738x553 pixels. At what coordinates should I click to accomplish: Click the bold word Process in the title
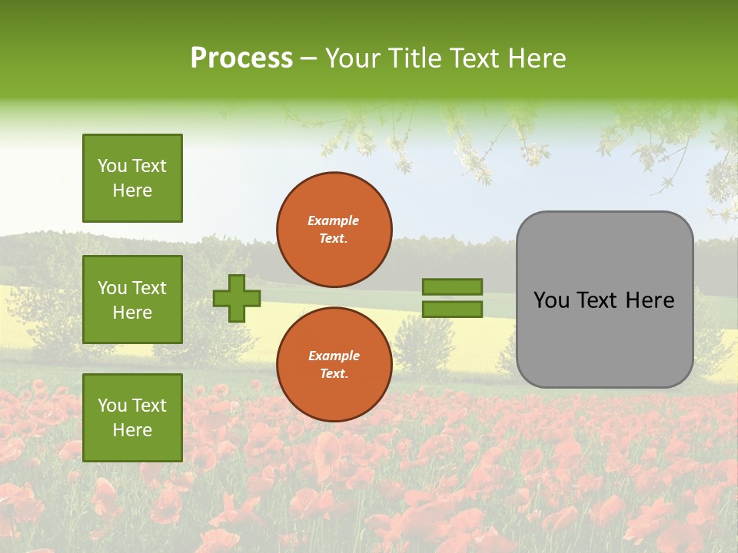pos(241,58)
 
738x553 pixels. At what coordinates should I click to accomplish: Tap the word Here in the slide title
pos(535,58)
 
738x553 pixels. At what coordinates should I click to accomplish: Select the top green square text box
pos(132,178)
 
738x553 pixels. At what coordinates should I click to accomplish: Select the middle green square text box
pos(132,300)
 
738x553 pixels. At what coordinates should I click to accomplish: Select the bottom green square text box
pos(132,418)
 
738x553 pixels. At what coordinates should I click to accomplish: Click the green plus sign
pos(237,298)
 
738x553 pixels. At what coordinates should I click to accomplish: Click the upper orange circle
pos(334,229)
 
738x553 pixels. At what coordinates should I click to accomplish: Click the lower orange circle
pos(334,364)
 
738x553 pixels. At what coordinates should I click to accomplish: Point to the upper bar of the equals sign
pos(452,287)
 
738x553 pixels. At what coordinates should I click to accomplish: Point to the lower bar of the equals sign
pos(452,309)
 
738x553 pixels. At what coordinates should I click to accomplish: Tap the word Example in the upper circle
pos(334,220)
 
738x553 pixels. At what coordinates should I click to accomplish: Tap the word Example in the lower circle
pos(334,356)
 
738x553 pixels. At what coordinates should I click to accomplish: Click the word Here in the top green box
pos(132,190)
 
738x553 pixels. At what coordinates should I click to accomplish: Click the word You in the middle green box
pos(112,288)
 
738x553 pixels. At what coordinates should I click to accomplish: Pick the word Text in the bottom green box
pos(149,406)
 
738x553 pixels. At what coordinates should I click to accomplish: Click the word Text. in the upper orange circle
pos(334,238)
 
